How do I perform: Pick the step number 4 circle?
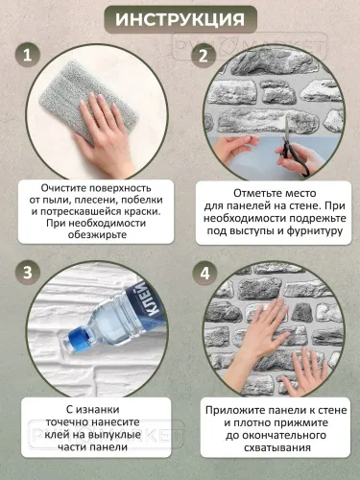[x=203, y=272]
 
